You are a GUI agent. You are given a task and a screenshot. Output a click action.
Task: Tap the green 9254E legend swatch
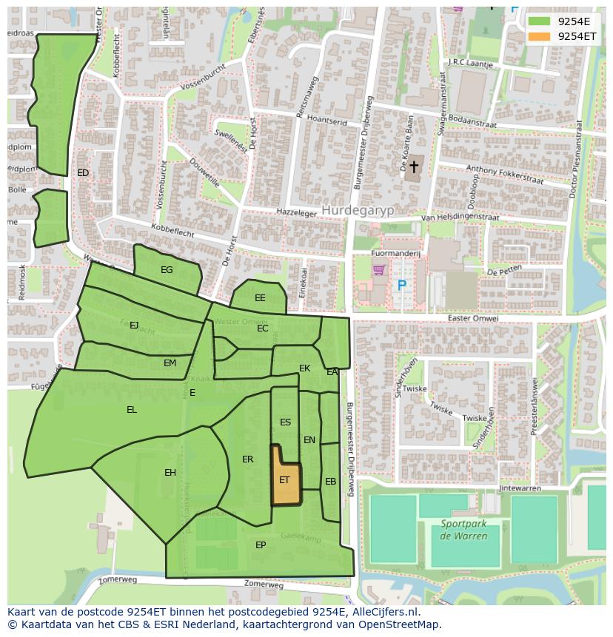click(x=539, y=21)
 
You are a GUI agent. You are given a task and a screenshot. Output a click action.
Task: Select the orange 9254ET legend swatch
click(x=539, y=36)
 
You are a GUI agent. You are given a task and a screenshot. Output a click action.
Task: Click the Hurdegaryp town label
click(x=358, y=210)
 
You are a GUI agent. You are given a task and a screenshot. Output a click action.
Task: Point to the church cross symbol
click(x=414, y=167)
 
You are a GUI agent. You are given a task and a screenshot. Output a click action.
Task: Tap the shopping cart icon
click(x=380, y=271)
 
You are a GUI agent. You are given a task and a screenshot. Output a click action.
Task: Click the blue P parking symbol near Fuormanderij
click(x=402, y=285)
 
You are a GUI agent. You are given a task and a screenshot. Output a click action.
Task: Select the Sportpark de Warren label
click(x=464, y=530)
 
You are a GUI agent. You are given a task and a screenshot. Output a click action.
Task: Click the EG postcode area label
click(x=167, y=270)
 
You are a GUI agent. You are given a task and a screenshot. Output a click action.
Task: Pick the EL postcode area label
click(x=132, y=410)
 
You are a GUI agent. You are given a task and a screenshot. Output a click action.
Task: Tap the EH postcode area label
click(x=170, y=473)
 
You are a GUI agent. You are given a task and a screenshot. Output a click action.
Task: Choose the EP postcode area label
click(x=261, y=545)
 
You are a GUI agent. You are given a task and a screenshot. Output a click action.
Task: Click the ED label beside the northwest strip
click(x=83, y=173)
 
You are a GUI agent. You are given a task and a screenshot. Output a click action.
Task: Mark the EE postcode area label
click(x=260, y=298)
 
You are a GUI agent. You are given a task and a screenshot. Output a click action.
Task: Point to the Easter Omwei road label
click(x=473, y=318)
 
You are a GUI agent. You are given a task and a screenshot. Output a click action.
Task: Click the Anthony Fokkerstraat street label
click(x=504, y=175)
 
